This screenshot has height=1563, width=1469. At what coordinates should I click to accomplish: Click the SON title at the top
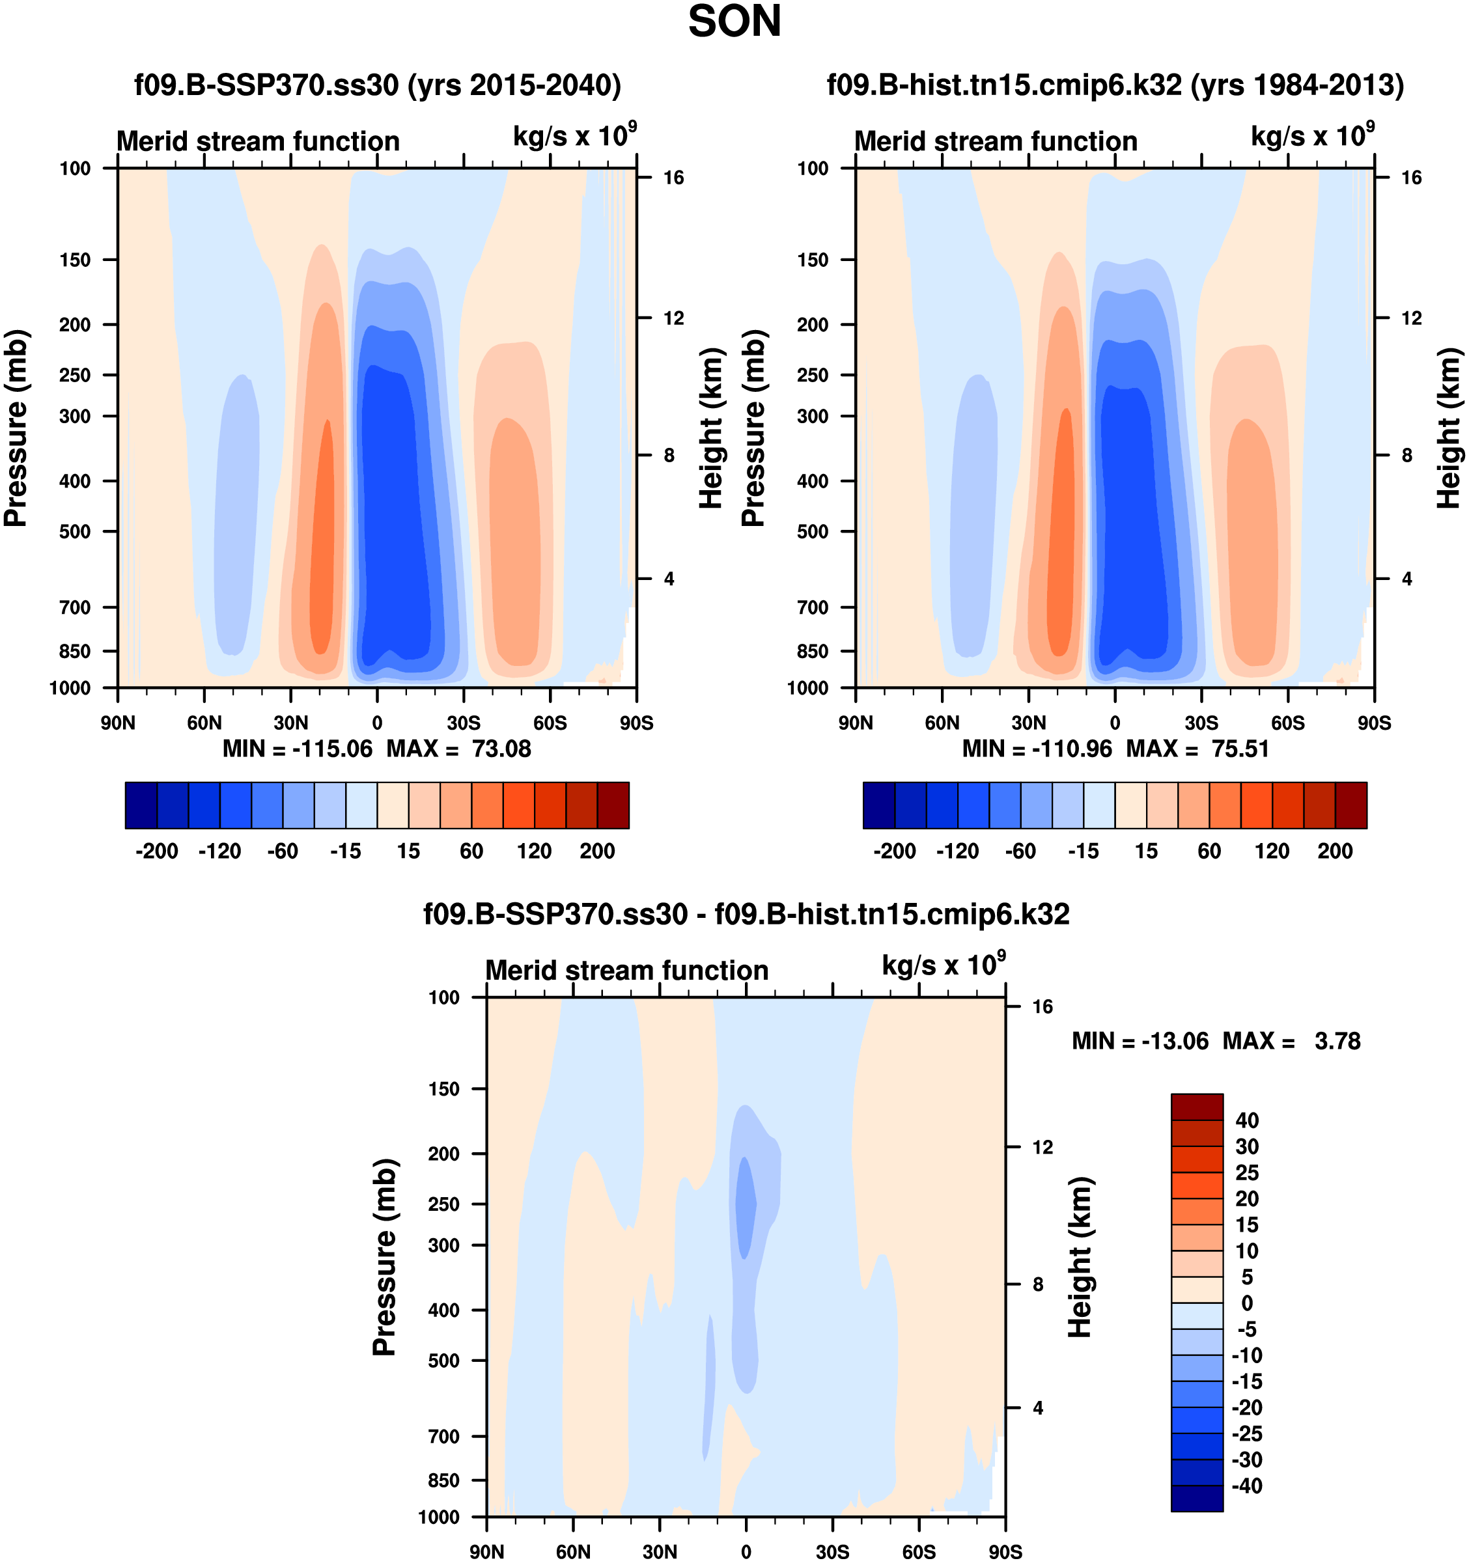click(734, 22)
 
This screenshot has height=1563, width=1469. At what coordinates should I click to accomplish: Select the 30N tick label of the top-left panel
click(290, 723)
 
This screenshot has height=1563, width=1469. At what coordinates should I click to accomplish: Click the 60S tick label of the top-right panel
click(1287, 723)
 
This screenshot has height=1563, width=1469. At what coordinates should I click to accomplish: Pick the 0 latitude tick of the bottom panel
click(746, 1552)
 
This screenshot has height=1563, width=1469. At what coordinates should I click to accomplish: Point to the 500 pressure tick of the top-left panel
click(75, 531)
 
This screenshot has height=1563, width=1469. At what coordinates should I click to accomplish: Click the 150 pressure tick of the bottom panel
click(443, 1089)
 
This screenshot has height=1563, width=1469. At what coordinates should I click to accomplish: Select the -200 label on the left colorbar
click(156, 851)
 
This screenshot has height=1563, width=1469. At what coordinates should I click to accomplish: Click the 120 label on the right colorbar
click(1272, 851)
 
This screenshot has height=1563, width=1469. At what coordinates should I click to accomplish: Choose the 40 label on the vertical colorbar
click(1247, 1120)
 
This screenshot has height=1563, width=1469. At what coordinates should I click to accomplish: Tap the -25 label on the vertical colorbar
click(1247, 1433)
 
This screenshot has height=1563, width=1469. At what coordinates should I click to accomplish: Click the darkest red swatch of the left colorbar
click(613, 805)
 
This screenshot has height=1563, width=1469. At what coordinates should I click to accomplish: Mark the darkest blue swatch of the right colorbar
click(879, 805)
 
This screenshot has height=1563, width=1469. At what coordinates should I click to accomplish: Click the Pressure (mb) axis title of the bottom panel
click(385, 1257)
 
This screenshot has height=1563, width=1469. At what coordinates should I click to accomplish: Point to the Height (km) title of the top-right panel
click(1449, 428)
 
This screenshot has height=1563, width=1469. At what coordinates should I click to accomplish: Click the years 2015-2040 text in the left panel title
click(515, 85)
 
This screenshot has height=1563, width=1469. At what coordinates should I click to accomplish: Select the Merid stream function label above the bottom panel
click(627, 970)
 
